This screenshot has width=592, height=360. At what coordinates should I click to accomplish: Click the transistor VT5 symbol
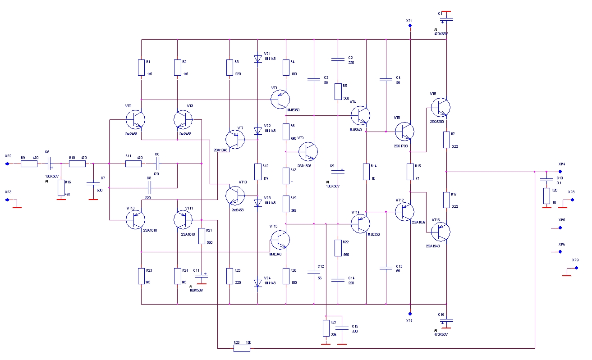click(x=441, y=107)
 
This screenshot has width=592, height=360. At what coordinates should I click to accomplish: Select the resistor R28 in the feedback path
click(x=241, y=348)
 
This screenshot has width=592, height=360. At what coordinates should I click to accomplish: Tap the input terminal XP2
click(x=7, y=164)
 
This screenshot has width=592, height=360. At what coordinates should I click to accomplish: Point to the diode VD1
click(x=257, y=59)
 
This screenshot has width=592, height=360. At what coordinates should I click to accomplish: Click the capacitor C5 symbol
click(x=50, y=164)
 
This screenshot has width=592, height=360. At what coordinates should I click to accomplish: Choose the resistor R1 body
click(x=141, y=68)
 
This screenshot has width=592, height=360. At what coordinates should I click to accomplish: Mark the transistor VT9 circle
click(x=308, y=151)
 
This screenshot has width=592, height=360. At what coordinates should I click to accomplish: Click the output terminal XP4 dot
click(x=560, y=172)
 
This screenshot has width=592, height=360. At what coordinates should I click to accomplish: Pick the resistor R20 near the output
click(x=546, y=196)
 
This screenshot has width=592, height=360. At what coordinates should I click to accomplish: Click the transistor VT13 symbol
click(x=136, y=219)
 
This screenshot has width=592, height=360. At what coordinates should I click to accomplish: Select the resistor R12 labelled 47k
click(x=257, y=172)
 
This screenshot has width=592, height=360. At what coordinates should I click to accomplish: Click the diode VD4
click(x=257, y=283)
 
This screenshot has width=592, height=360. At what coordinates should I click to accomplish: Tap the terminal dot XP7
click(x=410, y=314)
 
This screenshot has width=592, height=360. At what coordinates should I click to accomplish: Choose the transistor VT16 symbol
click(x=441, y=232)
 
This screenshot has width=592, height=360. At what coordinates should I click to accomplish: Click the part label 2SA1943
click(x=433, y=246)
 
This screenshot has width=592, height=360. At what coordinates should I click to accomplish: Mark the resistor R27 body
click(x=326, y=328)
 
